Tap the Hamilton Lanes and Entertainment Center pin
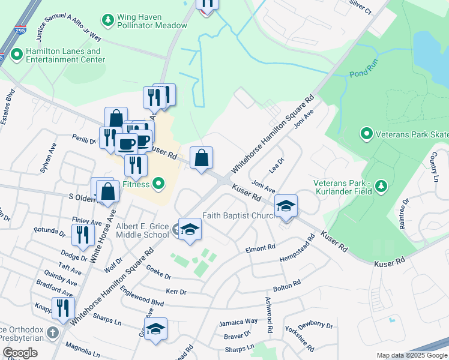click(x=16, y=53)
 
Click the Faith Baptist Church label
click(x=238, y=215)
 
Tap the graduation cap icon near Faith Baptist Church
click(x=286, y=206)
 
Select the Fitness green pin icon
click(x=158, y=184)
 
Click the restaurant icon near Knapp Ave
click(x=62, y=308)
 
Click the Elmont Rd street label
click(x=260, y=247)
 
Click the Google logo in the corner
click(x=20, y=353)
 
